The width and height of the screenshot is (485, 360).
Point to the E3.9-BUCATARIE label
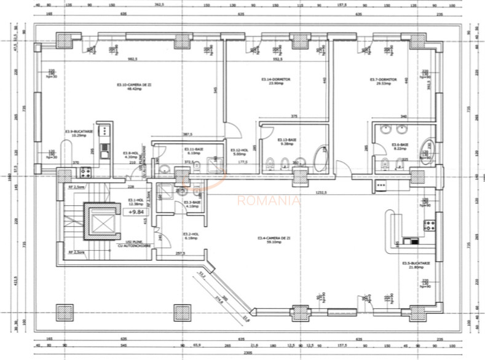(x=78, y=133)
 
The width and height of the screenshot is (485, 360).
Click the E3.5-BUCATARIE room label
(x=414, y=265)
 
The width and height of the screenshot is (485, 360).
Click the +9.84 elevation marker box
(x=136, y=211)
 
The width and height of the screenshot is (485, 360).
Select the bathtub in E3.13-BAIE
(x=321, y=158)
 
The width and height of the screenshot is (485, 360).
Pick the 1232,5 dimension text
(x=320, y=193)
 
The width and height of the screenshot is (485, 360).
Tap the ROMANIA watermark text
(x=269, y=200)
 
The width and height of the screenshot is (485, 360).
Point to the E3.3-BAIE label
(x=192, y=204)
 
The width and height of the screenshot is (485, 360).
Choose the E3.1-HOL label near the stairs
(x=136, y=202)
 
